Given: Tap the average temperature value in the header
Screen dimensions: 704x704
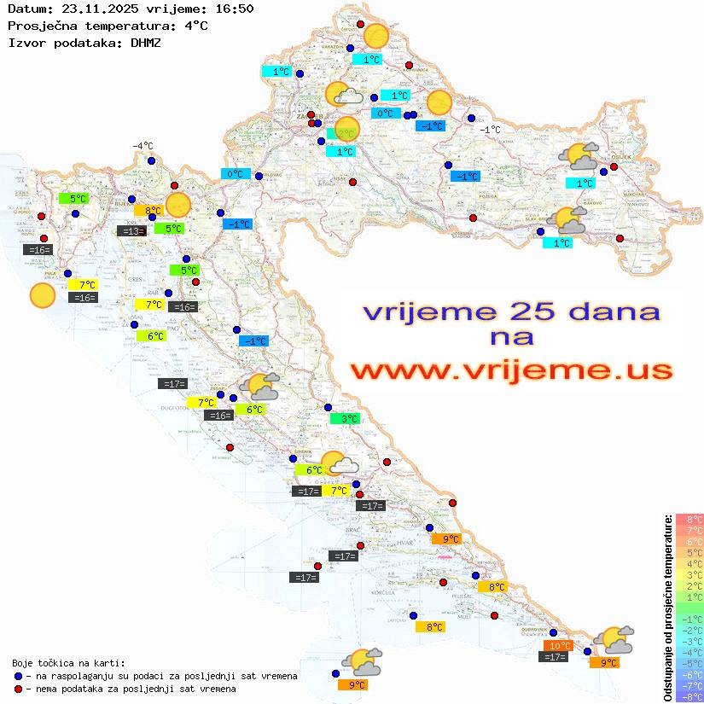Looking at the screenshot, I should coord(196,25).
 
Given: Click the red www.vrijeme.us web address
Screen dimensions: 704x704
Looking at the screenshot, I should coord(510,371).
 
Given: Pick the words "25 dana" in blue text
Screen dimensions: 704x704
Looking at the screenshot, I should coord(586,311).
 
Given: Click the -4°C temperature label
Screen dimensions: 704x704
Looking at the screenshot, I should coord(143,146).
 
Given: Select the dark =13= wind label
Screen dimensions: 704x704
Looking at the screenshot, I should coord(131,230).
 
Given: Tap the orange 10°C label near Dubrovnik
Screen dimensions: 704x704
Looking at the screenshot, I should coord(559,646).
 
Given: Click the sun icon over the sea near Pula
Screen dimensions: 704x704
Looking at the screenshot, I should coord(42,295).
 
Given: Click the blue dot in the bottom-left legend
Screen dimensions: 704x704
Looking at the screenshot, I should coord(19,676).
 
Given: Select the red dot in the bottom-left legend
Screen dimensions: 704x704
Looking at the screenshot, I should coord(19,689).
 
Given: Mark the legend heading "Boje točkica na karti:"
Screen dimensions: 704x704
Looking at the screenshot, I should coord(68,663).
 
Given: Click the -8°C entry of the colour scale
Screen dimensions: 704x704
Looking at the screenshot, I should coord(689,696).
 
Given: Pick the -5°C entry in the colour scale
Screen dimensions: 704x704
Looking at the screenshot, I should coord(689,663).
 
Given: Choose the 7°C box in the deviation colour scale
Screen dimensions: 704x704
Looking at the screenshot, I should coord(689,530).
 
